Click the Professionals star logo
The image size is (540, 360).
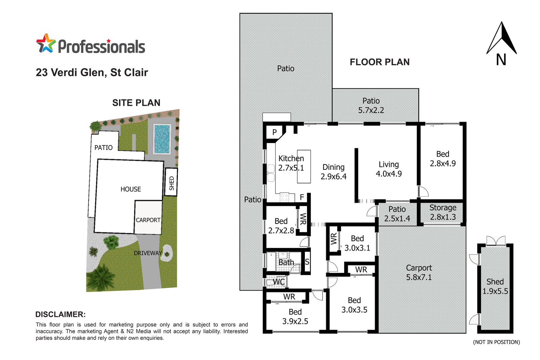point(46,44)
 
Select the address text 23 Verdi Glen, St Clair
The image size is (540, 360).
point(92,72)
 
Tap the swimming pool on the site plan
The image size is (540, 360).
point(162,139)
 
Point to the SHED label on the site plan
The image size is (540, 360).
point(171,183)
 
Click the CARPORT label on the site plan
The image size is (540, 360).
point(148,220)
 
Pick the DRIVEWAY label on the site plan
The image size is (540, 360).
point(148,253)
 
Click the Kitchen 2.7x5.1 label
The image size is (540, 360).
point(291,163)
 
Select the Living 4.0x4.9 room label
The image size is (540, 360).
point(388,169)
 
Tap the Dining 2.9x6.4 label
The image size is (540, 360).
point(333,172)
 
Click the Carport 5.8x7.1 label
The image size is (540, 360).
point(419,273)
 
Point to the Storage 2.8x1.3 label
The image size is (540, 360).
point(442,212)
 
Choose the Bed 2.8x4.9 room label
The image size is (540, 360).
point(442,159)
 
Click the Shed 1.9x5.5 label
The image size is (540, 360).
point(495,287)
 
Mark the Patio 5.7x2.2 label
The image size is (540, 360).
point(371,105)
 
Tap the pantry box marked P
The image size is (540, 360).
point(274,132)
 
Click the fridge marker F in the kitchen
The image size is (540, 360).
point(302,197)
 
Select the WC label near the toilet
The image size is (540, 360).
point(279,282)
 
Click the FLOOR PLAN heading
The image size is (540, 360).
point(379,62)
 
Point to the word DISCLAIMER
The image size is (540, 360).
point(60,314)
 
